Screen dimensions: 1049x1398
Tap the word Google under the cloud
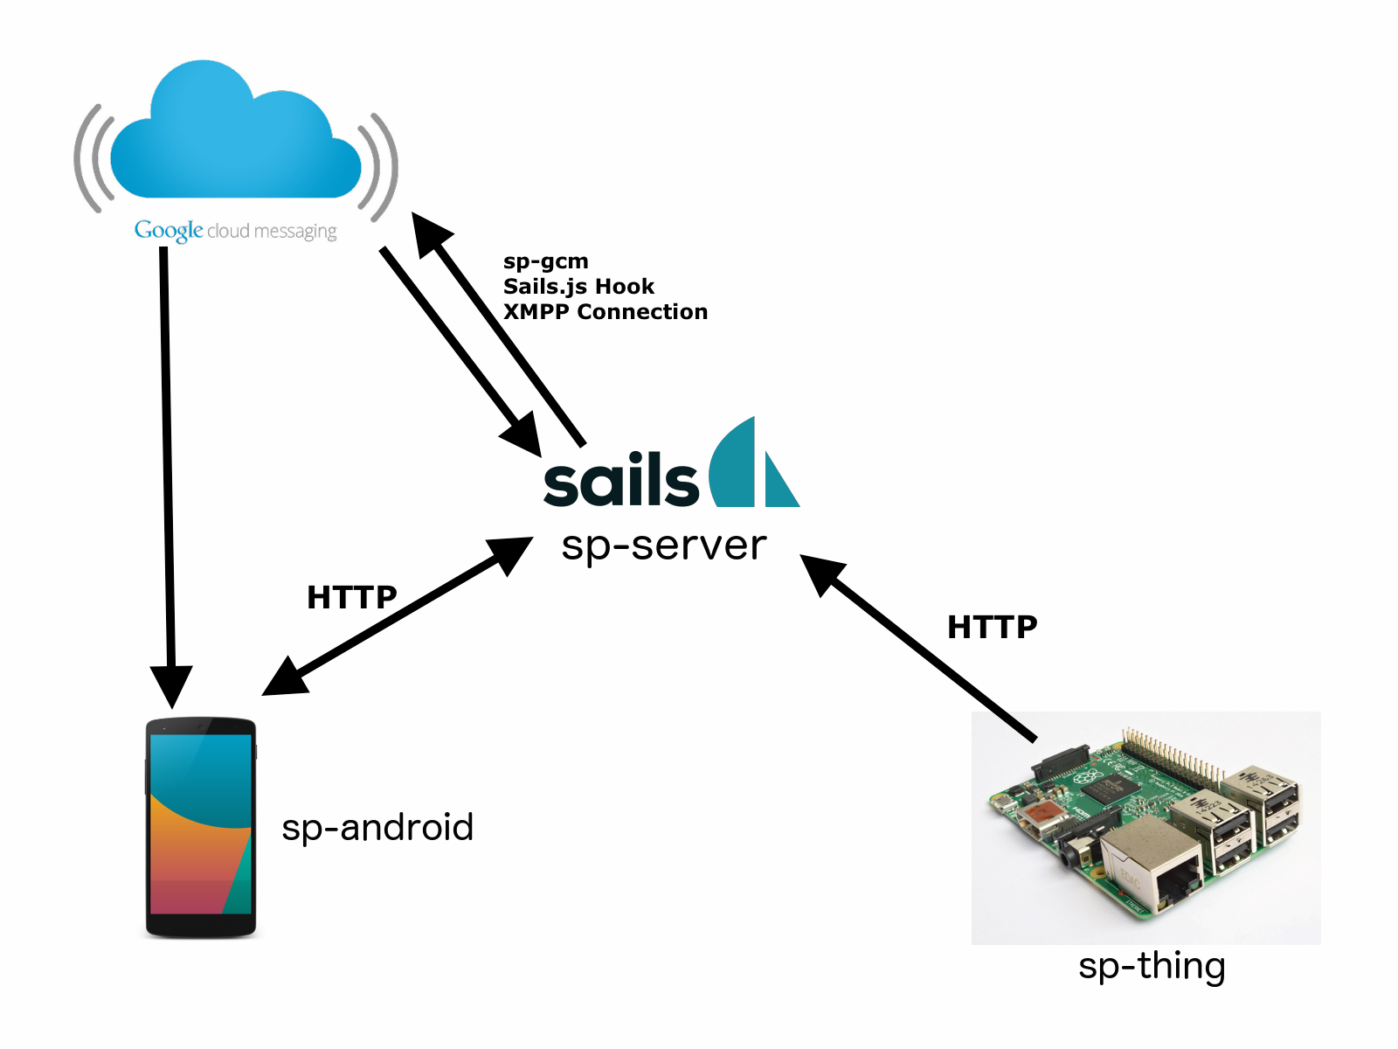click(169, 231)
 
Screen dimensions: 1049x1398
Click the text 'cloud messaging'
click(272, 232)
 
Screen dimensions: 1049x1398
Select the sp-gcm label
click(545, 261)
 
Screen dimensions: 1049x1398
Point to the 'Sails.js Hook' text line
click(578, 287)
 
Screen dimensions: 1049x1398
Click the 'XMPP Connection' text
click(605, 312)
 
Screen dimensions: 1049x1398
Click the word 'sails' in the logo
click(620, 480)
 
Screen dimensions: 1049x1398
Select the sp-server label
click(663, 545)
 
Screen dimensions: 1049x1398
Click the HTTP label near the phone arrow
click(351, 598)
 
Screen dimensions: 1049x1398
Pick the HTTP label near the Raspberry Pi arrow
click(992, 627)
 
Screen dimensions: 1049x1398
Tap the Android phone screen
click(201, 823)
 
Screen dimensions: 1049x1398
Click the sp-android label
click(377, 828)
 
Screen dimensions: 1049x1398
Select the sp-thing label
click(1152, 967)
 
